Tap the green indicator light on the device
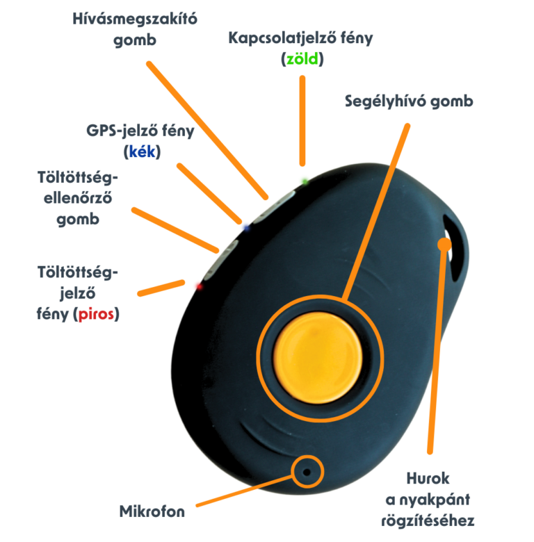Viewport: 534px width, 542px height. [304, 181]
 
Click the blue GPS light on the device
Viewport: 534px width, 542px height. [245, 226]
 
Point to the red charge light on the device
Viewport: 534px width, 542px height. [197, 284]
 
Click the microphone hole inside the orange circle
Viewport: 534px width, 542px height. [305, 473]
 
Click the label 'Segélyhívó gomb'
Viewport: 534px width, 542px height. [408, 101]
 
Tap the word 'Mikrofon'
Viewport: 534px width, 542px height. [152, 513]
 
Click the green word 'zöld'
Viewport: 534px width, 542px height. [302, 60]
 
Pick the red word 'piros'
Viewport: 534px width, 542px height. [96, 314]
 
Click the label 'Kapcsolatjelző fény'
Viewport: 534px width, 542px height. [300, 38]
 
